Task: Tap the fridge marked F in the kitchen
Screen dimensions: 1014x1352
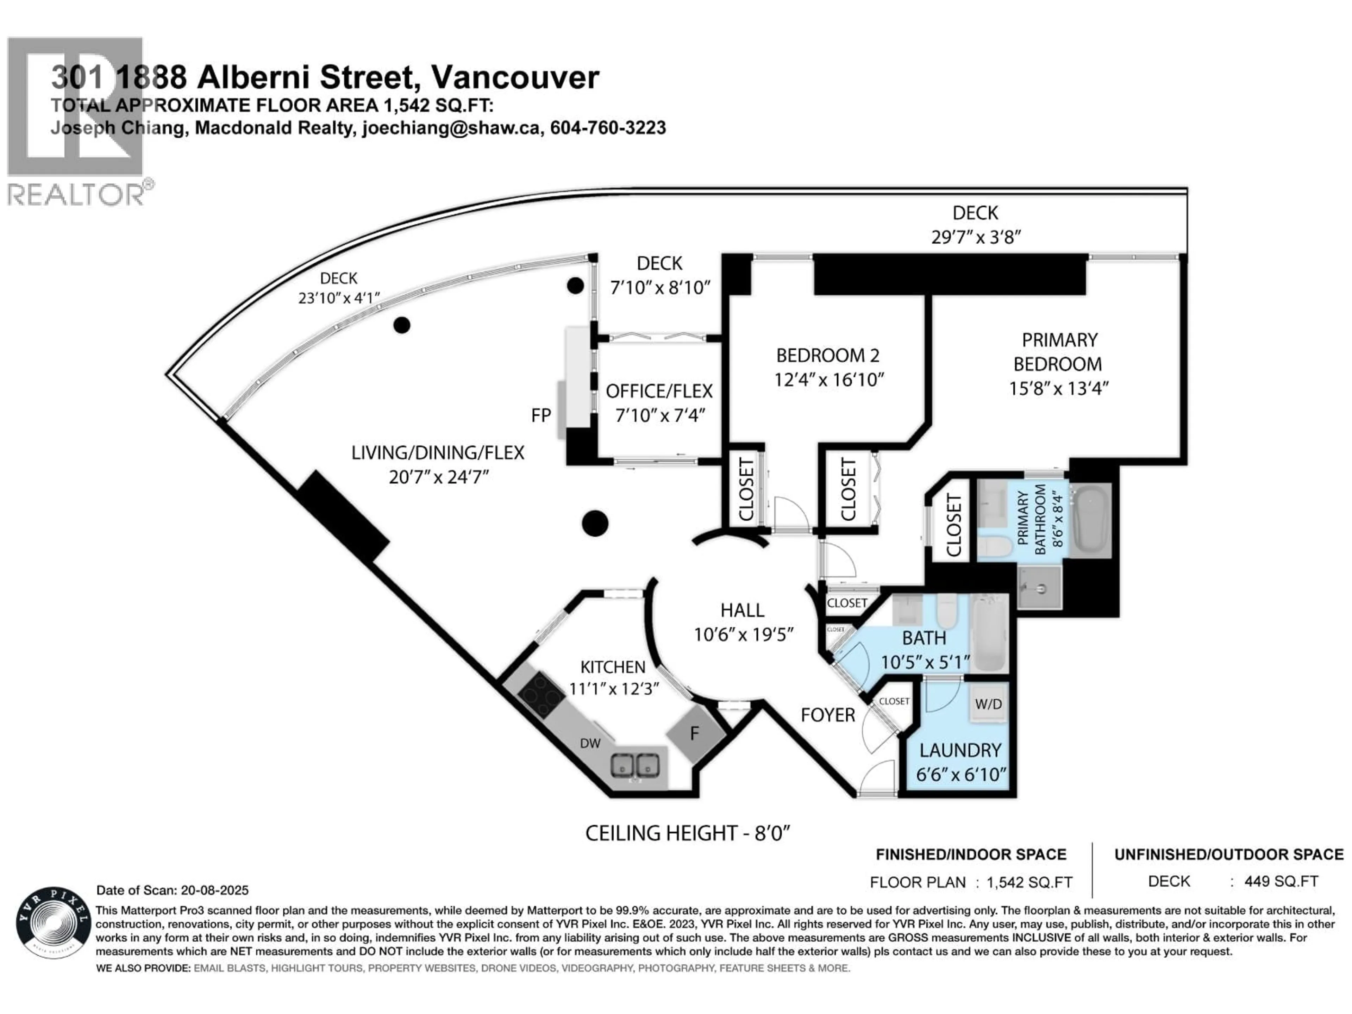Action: click(x=695, y=733)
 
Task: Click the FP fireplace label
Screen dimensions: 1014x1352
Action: click(x=541, y=415)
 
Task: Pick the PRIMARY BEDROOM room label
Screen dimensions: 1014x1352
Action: click(x=1059, y=352)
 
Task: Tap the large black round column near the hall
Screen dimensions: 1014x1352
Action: click(x=595, y=523)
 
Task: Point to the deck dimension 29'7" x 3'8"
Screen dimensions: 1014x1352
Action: click(x=976, y=237)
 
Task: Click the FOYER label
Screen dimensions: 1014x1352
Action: click(x=828, y=715)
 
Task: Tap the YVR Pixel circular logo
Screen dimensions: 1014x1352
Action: click(x=53, y=922)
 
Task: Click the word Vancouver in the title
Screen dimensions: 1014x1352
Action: click(x=515, y=77)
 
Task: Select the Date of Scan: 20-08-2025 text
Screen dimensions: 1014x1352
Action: click(x=173, y=890)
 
